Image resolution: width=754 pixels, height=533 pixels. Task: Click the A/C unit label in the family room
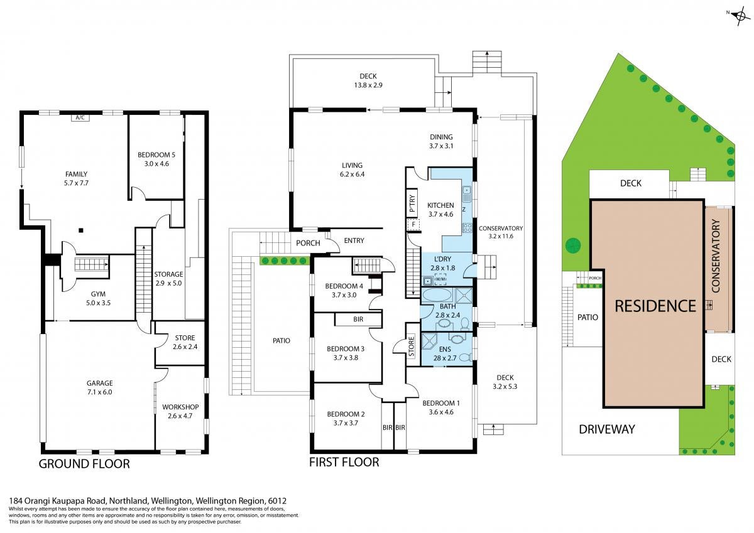(80, 117)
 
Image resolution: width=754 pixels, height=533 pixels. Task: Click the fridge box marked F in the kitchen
(413, 224)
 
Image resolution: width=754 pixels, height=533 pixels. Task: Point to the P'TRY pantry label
(412, 203)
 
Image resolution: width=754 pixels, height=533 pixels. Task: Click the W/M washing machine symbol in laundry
(440, 279)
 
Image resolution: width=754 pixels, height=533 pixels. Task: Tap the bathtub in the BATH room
(437, 295)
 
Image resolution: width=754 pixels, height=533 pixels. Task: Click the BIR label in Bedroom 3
(358, 319)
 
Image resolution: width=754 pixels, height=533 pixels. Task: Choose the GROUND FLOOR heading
(84, 464)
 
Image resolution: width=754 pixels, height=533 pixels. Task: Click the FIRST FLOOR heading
(344, 463)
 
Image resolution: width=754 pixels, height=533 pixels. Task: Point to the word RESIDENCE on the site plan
(655, 306)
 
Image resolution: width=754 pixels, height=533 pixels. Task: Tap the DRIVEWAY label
(607, 429)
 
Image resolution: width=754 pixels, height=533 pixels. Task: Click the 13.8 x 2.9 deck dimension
(368, 85)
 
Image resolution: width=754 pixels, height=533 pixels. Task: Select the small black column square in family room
(81, 230)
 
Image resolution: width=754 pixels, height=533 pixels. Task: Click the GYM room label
(98, 294)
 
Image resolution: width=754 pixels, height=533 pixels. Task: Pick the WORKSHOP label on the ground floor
(180, 407)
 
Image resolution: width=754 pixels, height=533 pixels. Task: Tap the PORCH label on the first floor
(308, 243)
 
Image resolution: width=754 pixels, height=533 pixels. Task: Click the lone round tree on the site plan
(573, 246)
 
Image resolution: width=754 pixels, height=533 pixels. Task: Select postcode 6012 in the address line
(277, 501)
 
